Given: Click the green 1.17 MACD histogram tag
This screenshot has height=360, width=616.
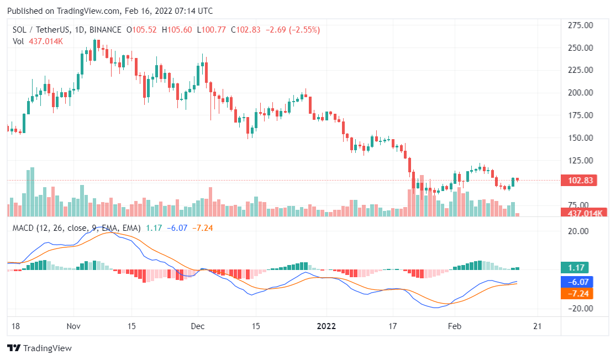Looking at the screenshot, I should pos(574,268).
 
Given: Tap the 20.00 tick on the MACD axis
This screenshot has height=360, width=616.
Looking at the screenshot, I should pos(578,231).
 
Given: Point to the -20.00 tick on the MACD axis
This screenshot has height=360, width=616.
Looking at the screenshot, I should pos(577,308).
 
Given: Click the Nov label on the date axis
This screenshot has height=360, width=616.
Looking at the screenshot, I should pos(73,326).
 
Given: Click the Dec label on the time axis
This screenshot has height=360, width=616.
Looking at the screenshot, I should pos(197,326).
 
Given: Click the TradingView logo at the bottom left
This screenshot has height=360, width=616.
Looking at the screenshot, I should pos(40,348).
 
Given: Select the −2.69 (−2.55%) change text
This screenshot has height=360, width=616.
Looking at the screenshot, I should pos(293,30).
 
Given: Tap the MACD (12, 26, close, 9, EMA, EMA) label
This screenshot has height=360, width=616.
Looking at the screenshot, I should pos(77,227).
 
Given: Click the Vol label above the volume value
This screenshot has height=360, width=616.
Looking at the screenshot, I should pos(19,41).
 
